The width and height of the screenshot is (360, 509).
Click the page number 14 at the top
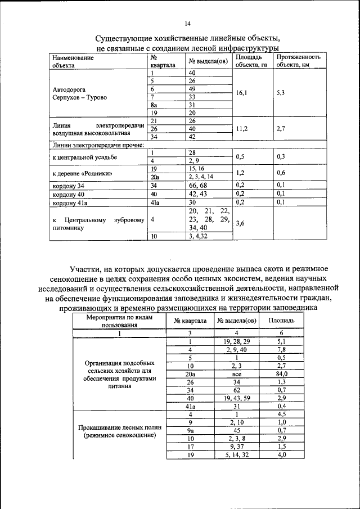click(x=187, y=23)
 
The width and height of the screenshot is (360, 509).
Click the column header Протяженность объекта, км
click(x=298, y=61)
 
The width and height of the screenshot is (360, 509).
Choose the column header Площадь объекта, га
click(x=251, y=61)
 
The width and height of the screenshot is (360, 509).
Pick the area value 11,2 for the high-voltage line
click(x=242, y=128)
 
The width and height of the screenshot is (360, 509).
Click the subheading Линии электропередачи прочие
click(x=98, y=145)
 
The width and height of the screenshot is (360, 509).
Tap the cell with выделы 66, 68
click(x=198, y=184)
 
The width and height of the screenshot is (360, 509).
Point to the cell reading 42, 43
click(x=198, y=193)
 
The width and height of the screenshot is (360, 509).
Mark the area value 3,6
click(x=240, y=223)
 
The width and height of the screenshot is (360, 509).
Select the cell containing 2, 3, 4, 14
click(x=201, y=176)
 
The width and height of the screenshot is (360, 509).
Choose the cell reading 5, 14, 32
click(x=236, y=456)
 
